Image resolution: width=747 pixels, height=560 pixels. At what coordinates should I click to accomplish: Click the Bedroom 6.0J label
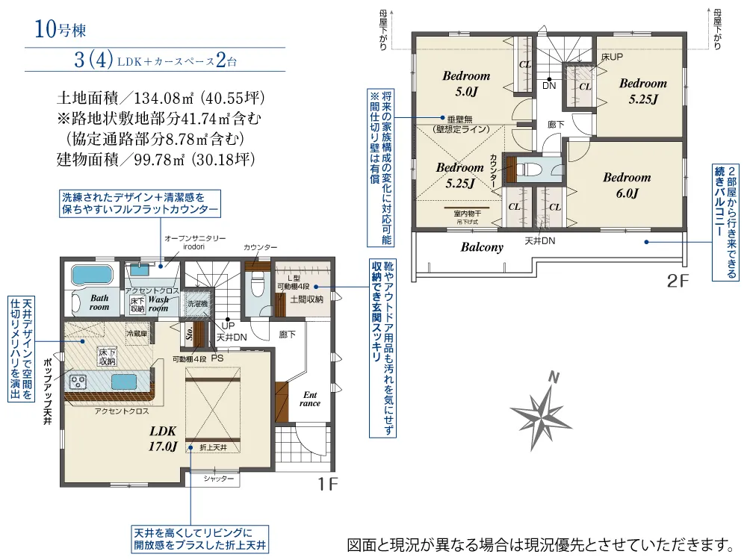coord(627,185)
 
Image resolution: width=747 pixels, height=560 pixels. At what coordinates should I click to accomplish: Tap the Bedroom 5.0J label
coord(466,84)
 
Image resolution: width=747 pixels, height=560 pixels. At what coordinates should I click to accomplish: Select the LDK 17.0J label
coord(162,439)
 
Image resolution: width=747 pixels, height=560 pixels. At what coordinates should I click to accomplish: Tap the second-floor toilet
coord(532,168)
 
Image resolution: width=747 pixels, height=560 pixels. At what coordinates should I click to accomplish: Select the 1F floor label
coord(327,485)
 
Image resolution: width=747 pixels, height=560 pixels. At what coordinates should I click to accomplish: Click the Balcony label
coord(482,247)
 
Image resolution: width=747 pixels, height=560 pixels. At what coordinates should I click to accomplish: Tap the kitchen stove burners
coord(78,382)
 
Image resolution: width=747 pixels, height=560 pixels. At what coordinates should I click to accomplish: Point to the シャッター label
coord(218,479)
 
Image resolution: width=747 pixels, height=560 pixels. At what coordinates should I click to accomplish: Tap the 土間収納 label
coord(306,299)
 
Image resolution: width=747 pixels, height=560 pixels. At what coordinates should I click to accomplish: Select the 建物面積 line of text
coord(156,159)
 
